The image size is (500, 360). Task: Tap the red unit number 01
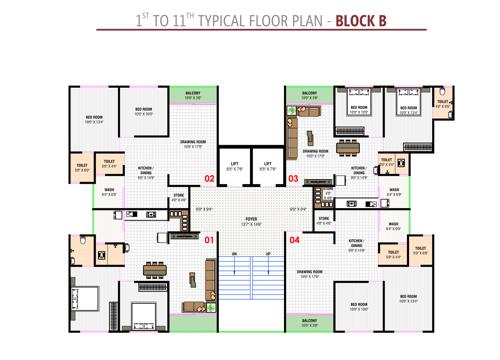coord(209,240)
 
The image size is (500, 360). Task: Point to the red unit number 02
coord(209,179)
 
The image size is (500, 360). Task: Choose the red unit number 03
coord(293,179)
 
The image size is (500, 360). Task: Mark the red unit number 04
coord(294,240)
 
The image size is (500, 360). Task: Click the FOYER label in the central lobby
coord(251,220)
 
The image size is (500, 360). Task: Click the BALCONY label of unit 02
coord(193,95)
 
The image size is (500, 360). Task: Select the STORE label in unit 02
coord(179,197)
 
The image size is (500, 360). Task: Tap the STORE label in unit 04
coord(323,219)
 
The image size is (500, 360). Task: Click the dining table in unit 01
coord(155,268)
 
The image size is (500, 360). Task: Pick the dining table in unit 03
coord(347,148)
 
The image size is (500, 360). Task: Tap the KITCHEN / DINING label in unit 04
coord(355,243)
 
